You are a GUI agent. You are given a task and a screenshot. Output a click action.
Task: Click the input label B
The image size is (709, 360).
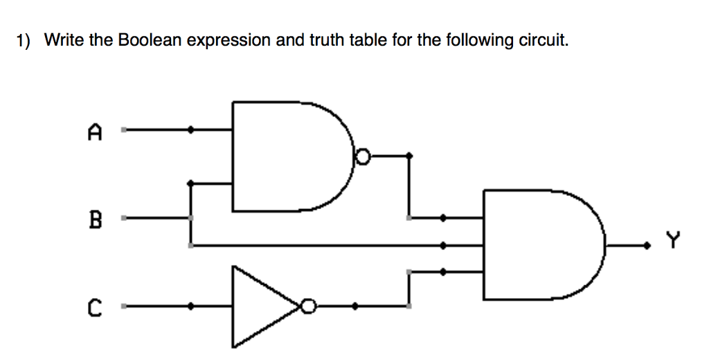tap(96, 222)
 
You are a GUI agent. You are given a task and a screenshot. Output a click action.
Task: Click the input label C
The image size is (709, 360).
tap(96, 306)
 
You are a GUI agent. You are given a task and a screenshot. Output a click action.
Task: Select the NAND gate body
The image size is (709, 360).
tap(284, 156)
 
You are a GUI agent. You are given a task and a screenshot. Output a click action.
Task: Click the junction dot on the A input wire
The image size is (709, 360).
tap(192, 129)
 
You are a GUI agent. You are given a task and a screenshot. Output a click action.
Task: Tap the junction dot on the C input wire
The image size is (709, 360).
tap(192, 305)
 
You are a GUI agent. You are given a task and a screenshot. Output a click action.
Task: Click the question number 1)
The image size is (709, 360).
tap(24, 41)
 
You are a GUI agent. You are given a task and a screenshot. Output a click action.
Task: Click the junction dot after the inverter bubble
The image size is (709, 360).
tap(355, 305)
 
